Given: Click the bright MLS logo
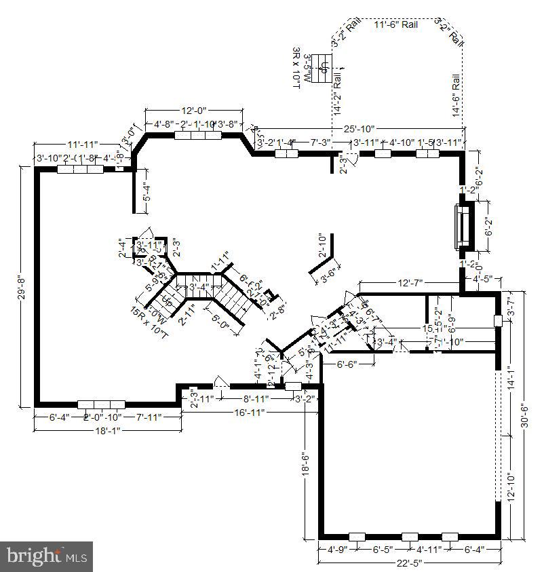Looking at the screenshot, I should click(x=46, y=556).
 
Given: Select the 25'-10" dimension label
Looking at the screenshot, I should click(x=359, y=129).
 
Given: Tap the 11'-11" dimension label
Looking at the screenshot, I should click(x=83, y=145).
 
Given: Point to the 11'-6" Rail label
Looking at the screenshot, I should click(x=396, y=24).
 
